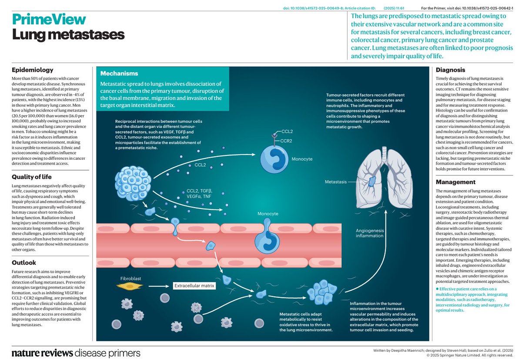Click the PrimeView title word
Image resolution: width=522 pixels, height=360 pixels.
coord(49,20)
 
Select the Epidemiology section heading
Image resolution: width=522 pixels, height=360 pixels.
coord(33,70)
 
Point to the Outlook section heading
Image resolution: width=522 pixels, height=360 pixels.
coord(24,262)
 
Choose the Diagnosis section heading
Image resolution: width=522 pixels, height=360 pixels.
coord(451,70)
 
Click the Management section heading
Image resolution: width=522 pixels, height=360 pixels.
coord(456,182)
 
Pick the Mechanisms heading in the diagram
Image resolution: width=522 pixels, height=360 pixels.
coord(119,74)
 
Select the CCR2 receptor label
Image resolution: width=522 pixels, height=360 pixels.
coord(285,141)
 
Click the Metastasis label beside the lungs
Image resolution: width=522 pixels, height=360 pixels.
coord(336,182)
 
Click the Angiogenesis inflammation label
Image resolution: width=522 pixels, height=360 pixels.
coord(370,232)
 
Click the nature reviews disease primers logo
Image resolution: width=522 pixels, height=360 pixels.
coord(76,352)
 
